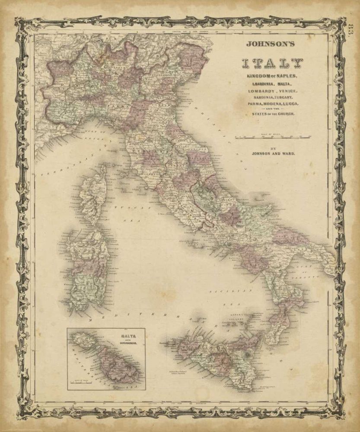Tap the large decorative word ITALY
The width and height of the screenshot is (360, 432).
pos(271,63)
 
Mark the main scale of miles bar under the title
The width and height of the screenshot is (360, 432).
pos(272,138)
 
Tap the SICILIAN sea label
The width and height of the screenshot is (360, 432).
pos(224,292)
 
